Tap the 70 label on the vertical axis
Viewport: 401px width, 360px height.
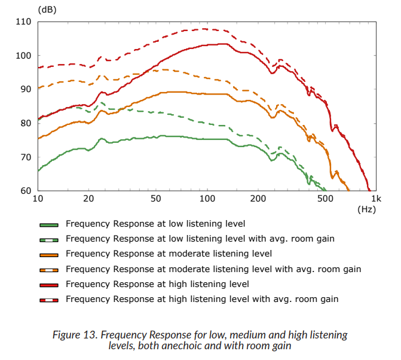click(25, 157)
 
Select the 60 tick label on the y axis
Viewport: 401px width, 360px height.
click(25, 191)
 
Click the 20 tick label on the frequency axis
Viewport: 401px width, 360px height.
click(88, 199)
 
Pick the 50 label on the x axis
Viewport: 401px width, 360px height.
click(156, 199)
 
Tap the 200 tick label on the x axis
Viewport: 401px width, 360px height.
click(258, 199)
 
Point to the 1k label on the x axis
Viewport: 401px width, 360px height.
click(375, 199)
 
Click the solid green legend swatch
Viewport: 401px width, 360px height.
click(48, 224)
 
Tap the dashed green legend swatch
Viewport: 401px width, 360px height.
click(48, 239)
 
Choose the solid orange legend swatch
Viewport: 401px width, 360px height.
click(48, 254)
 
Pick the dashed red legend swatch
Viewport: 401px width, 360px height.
click(48, 299)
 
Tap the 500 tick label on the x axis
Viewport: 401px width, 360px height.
click(325, 199)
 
